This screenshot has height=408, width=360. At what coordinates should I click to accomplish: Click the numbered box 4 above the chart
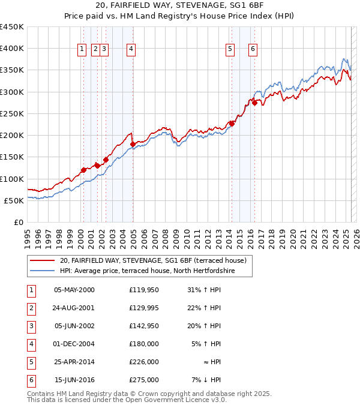click(x=130, y=50)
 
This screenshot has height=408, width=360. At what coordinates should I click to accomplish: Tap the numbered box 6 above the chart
click(x=253, y=50)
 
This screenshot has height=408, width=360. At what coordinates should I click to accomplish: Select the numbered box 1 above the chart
click(x=81, y=50)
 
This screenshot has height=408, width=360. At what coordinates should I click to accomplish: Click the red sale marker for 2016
click(x=254, y=103)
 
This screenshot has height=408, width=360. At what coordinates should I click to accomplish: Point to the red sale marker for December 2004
click(x=133, y=144)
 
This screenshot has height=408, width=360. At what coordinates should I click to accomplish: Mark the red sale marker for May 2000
click(x=83, y=170)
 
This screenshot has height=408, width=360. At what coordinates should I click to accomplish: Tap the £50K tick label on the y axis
click(x=14, y=200)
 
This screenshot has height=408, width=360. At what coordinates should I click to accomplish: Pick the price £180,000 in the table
click(x=144, y=344)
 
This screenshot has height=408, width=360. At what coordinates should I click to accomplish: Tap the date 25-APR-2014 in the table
click(x=74, y=362)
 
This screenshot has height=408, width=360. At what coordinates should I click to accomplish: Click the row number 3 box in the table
click(x=31, y=326)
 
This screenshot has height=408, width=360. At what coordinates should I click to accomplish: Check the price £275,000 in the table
click(x=144, y=380)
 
